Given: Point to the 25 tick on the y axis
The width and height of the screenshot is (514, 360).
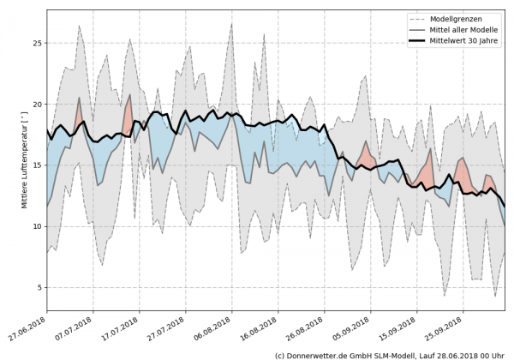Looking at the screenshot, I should (37, 43).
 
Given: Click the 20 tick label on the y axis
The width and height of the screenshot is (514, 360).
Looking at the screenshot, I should (37, 104).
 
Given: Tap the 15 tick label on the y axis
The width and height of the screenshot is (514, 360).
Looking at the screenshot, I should (37, 165).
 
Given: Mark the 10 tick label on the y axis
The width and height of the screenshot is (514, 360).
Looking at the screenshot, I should (37, 226).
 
